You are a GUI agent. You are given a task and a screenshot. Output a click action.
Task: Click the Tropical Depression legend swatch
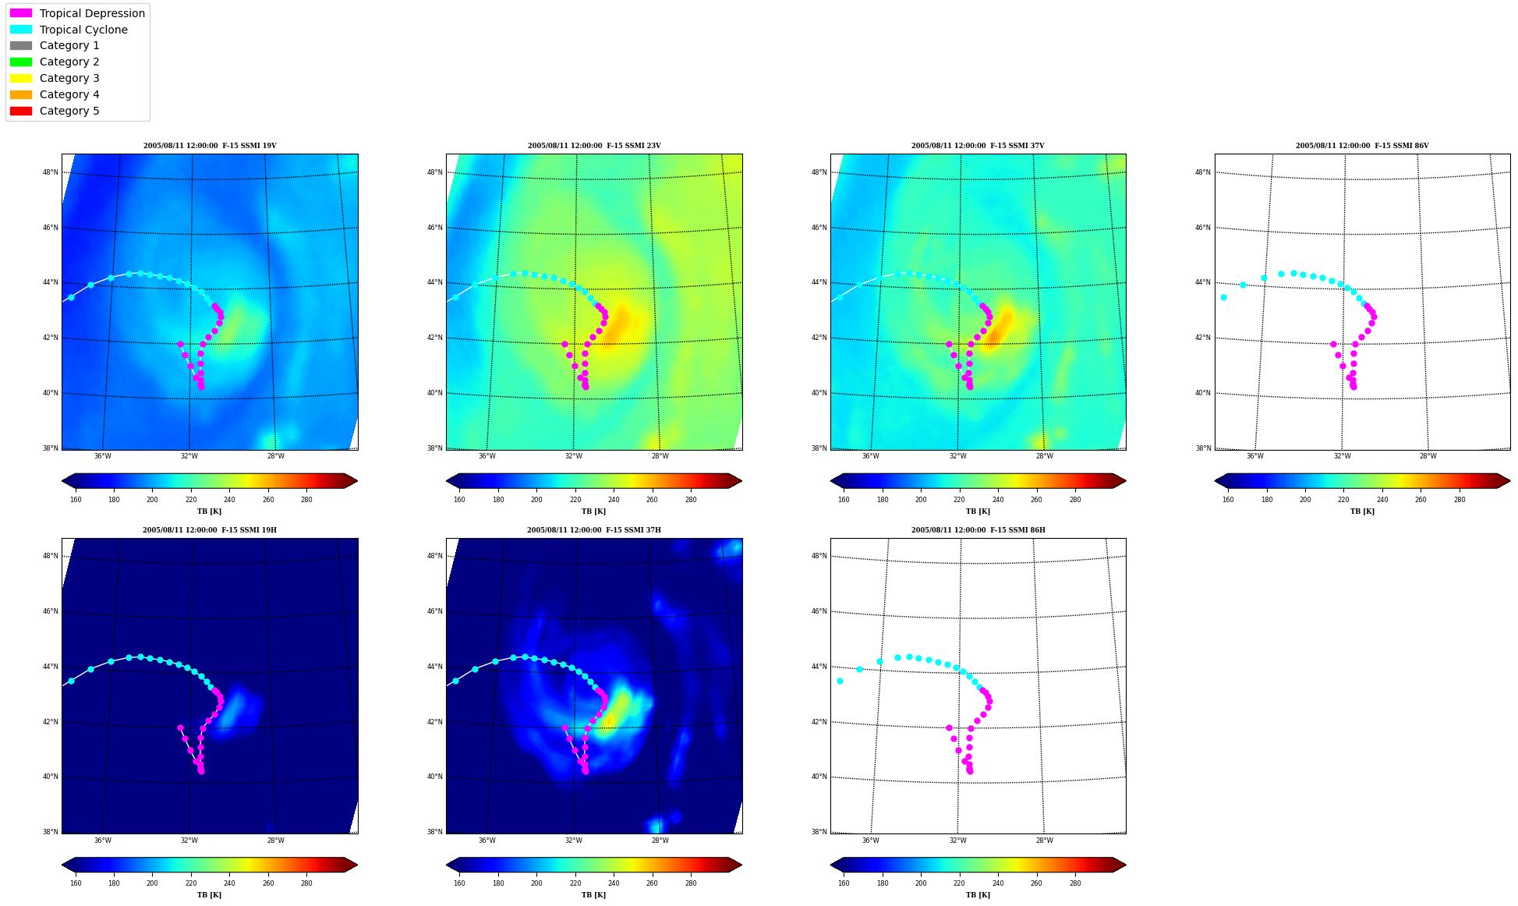tap(21, 13)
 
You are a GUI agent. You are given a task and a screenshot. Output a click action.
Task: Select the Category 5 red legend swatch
tap(21, 111)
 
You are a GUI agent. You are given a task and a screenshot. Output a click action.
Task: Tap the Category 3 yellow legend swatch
tap(21, 78)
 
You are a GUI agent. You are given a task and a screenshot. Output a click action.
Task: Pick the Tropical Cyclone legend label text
tap(83, 30)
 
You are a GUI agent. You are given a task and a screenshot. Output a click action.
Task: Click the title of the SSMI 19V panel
tap(210, 146)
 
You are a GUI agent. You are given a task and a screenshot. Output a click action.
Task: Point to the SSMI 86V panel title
tap(1362, 146)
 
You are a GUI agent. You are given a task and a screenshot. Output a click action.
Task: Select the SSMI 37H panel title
tap(594, 530)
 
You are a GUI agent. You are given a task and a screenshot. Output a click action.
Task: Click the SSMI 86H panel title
tap(978, 530)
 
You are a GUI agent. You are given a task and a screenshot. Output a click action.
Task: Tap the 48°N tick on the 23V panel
tap(434, 172)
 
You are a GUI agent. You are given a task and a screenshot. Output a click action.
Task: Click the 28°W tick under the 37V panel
tap(1045, 456)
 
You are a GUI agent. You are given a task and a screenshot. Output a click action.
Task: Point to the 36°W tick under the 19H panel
tap(102, 841)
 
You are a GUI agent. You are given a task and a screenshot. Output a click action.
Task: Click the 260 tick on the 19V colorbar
tap(268, 500)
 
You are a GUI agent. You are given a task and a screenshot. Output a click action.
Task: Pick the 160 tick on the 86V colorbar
tap(1228, 500)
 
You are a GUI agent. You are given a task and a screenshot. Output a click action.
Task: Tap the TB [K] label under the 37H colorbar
tap(594, 895)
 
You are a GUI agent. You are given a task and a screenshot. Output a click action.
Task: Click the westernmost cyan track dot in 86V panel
tap(1223, 297)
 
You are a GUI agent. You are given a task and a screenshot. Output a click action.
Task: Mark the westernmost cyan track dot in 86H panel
tap(840, 681)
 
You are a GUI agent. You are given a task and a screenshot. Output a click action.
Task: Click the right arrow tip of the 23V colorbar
tap(741, 481)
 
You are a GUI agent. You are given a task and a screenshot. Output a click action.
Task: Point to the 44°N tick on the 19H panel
tap(50, 667)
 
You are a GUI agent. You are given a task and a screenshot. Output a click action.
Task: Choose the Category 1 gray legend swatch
tap(21, 45)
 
